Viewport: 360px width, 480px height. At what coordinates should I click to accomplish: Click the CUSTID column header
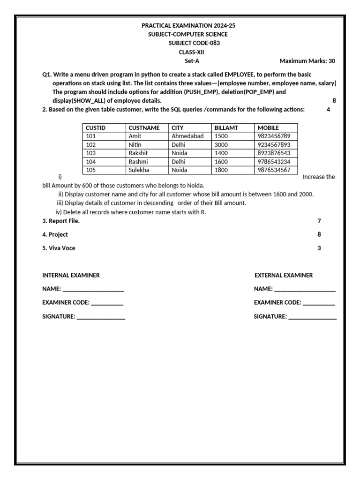96,127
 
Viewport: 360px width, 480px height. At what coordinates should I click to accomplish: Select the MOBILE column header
268,127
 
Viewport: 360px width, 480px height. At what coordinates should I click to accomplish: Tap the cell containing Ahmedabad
187,136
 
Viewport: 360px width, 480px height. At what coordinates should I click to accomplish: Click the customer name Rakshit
138,153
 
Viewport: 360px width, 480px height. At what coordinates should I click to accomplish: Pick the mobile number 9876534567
274,170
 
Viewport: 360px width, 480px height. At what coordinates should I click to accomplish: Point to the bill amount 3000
221,144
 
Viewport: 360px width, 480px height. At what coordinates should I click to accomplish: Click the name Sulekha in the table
139,170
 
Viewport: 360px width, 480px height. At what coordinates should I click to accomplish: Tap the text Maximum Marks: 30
307,61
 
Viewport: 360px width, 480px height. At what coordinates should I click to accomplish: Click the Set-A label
192,61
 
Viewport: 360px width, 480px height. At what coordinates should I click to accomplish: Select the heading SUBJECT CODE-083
194,43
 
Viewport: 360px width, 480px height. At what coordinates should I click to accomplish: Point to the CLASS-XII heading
191,52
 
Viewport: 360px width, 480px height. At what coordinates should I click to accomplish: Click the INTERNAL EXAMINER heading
71,275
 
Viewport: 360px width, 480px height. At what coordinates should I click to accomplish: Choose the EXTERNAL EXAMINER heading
284,275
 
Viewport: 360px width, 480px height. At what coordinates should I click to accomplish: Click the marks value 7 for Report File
319,221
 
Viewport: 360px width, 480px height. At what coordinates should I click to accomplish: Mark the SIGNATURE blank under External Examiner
312,317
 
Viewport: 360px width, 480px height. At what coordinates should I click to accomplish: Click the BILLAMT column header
226,127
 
